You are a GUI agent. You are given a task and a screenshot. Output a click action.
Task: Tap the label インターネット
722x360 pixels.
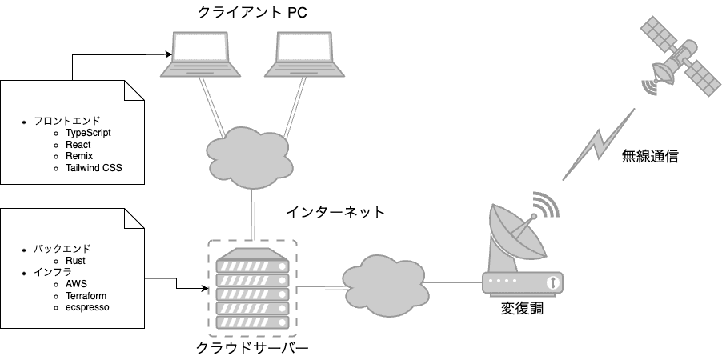tap(335, 213)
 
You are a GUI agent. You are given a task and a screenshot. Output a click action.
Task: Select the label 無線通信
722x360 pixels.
tap(650, 157)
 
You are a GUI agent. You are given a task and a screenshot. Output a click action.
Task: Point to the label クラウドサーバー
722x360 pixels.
tap(251, 348)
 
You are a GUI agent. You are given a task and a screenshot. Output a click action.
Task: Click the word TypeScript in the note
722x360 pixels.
tap(88, 132)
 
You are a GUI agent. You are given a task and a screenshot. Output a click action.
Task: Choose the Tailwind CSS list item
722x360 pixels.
tap(94, 168)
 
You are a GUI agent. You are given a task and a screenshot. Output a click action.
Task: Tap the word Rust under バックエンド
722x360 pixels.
tap(75, 260)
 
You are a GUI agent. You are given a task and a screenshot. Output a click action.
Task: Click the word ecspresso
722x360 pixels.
tap(86, 307)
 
